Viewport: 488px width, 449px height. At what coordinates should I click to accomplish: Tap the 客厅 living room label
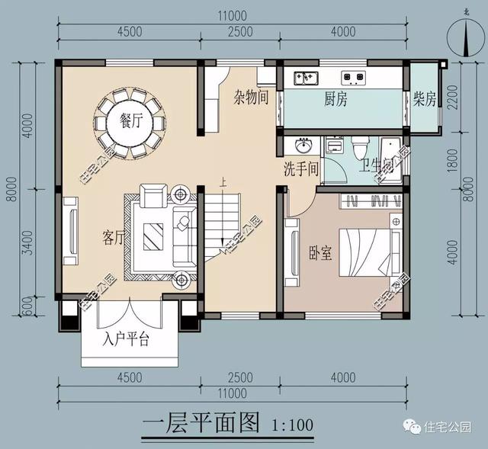tap(114, 237)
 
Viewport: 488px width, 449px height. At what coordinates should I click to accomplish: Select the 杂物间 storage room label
tap(251, 98)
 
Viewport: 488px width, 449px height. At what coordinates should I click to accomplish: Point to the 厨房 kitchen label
tap(335, 99)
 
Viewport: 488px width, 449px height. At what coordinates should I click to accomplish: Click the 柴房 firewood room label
tap(425, 99)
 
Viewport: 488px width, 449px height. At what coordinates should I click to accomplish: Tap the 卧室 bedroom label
tap(320, 252)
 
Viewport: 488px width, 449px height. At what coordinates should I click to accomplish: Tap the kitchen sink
tap(307, 76)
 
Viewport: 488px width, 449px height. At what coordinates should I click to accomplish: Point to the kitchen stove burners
tap(352, 76)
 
